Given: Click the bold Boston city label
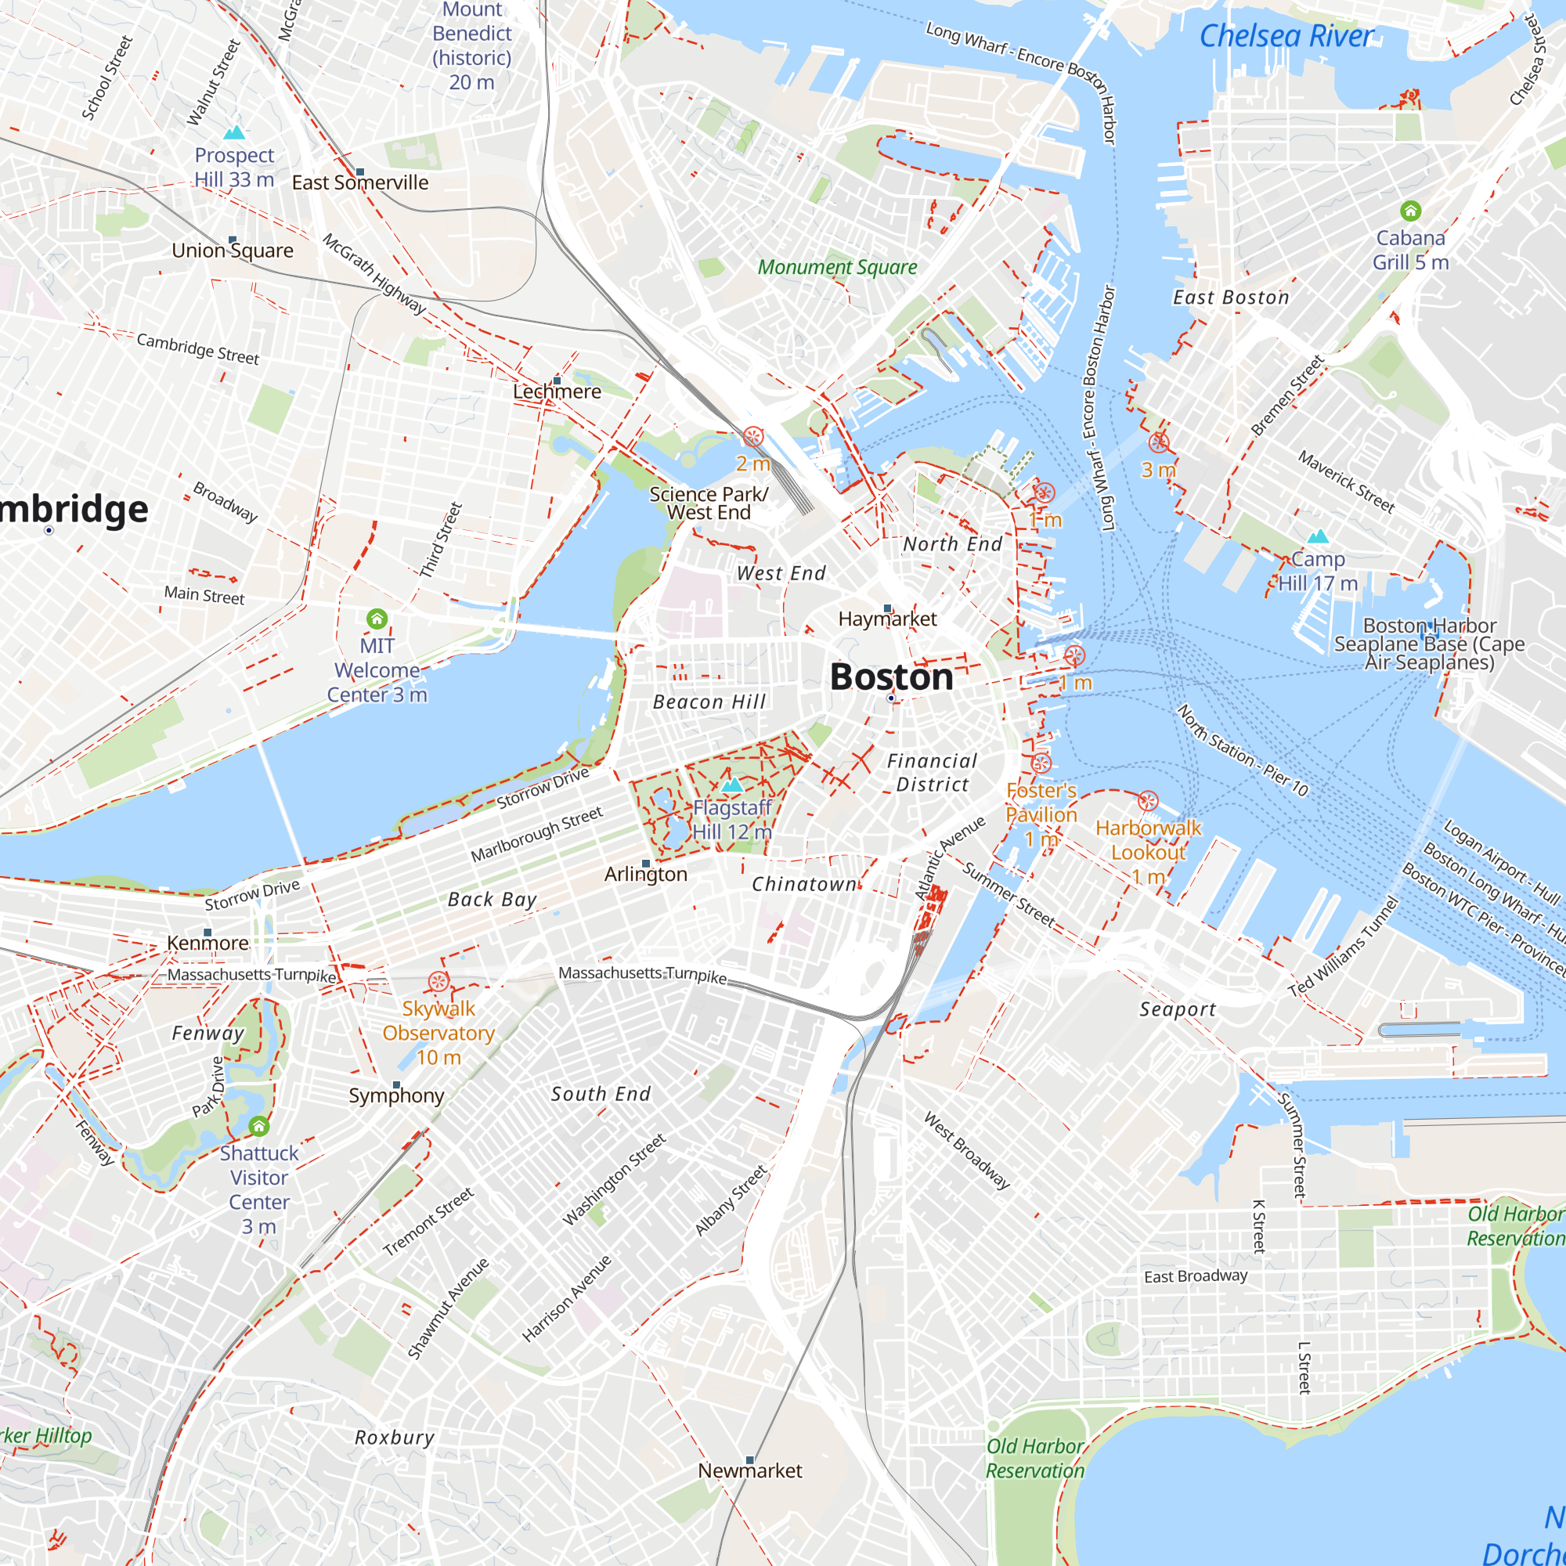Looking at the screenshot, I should tap(891, 677).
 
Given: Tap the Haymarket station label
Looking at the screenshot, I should tap(887, 619).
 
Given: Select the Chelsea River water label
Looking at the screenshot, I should tap(1286, 36).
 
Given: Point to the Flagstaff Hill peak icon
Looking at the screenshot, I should tap(732, 785).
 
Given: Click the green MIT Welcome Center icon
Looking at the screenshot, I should tap(377, 619).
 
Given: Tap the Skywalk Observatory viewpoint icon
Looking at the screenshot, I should tap(438, 982).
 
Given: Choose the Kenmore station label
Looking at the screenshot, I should tap(207, 943).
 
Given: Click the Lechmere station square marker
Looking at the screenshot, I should tap(557, 381).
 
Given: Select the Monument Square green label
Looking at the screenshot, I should tap(837, 268).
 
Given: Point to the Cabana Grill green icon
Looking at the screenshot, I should tap(1410, 211).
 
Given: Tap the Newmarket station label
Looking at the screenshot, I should tap(750, 1470).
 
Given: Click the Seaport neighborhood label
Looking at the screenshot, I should tap(1178, 1009).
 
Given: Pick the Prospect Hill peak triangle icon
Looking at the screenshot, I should tap(234, 132).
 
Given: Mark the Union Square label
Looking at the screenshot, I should tap(233, 251).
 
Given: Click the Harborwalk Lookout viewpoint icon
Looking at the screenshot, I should tap(1148, 802).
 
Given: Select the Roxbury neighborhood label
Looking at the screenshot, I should tap(395, 1437).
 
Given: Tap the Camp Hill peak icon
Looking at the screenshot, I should tap(1318, 536).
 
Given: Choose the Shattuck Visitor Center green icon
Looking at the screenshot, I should tap(258, 1126).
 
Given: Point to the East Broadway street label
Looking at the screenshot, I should tap(1196, 1276).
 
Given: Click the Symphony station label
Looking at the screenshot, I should tap(396, 1096).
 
